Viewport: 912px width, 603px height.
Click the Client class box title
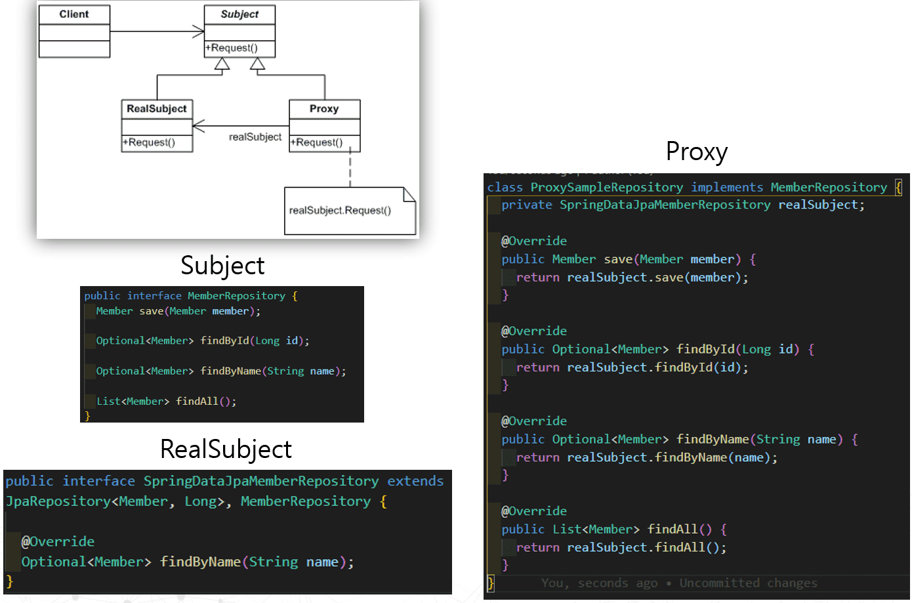pyautogui.click(x=74, y=14)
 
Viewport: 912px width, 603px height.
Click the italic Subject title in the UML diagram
pyautogui.click(x=239, y=14)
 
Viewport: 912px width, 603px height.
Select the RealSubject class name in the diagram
pyautogui.click(x=157, y=109)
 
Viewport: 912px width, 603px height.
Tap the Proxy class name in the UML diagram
pyautogui.click(x=324, y=109)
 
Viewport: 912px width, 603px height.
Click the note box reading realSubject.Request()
pyautogui.click(x=340, y=211)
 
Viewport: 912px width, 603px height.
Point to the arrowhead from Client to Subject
pyautogui.click(x=199, y=31)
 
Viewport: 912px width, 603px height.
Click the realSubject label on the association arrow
pyautogui.click(x=255, y=137)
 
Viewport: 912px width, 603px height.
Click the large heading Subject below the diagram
pyautogui.click(x=222, y=266)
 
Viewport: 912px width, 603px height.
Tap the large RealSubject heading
pyautogui.click(x=226, y=449)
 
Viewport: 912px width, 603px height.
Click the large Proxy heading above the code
pyautogui.click(x=696, y=152)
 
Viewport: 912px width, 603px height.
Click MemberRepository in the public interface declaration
pyautogui.click(x=236, y=296)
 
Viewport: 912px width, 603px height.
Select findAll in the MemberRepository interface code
pyautogui.click(x=197, y=402)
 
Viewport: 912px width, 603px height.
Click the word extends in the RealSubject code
pyautogui.click(x=415, y=482)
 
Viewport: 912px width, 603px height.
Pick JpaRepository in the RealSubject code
pyautogui.click(x=58, y=502)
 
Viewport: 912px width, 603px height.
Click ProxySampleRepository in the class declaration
pyautogui.click(x=606, y=188)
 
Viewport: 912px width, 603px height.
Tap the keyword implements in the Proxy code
pyautogui.click(x=727, y=188)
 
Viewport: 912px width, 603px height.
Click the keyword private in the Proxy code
pyautogui.click(x=527, y=205)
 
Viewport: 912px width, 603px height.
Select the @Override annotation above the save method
pyautogui.click(x=534, y=241)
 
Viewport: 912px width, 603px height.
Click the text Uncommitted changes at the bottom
pyautogui.click(x=748, y=583)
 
